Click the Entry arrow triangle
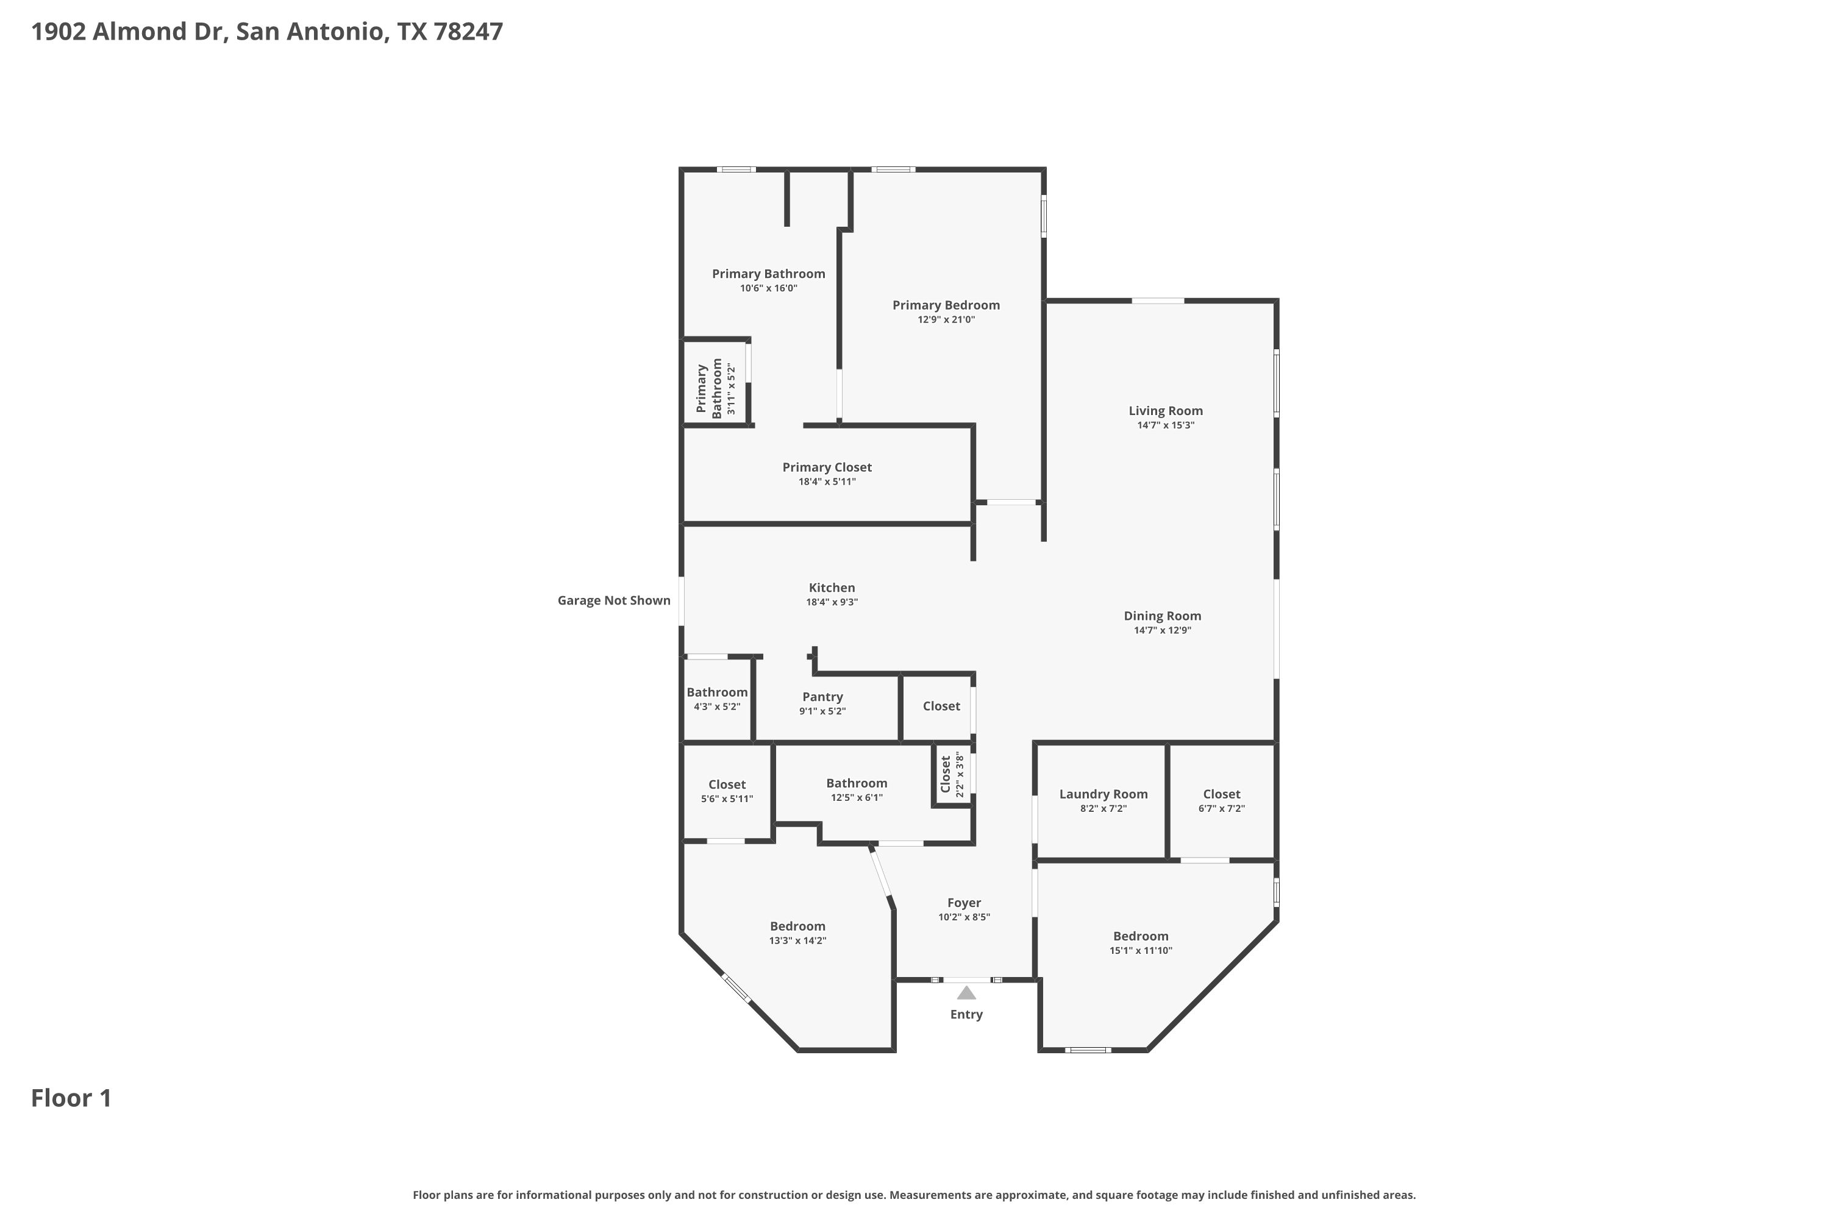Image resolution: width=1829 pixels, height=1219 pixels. click(x=966, y=993)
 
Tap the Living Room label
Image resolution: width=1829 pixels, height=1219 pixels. click(x=1166, y=410)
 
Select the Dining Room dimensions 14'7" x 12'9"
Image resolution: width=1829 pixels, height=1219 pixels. click(x=1163, y=630)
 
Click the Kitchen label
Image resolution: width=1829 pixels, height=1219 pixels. click(x=832, y=588)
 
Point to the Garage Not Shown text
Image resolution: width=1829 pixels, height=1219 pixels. click(x=613, y=600)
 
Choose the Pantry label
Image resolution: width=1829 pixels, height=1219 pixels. click(x=822, y=697)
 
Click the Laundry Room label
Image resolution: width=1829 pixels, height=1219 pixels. click(x=1103, y=794)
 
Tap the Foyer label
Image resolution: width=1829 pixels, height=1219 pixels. click(x=964, y=903)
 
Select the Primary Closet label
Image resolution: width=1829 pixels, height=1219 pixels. click(x=827, y=467)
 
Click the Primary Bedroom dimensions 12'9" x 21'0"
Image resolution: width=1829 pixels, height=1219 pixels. click(x=946, y=319)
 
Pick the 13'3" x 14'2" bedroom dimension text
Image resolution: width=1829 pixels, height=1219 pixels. click(x=798, y=940)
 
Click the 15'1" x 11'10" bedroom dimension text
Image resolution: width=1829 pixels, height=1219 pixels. click(x=1141, y=951)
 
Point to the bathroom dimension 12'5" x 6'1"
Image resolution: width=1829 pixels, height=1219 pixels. click(x=857, y=798)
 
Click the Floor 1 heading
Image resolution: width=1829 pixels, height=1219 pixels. click(x=71, y=1098)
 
